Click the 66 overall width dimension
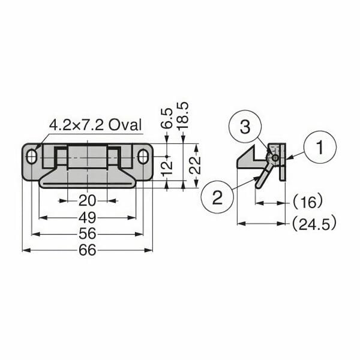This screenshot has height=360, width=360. tap(88, 250)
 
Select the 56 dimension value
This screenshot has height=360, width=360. tap(88, 233)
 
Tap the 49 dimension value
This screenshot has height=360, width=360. tap(88, 217)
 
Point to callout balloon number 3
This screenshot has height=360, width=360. tap(244, 127)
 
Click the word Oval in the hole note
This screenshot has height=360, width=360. tap(125, 125)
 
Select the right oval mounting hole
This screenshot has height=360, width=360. tap(143, 157)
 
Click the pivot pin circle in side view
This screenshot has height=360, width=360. tap(274, 158)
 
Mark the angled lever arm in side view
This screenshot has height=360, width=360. tap(263, 176)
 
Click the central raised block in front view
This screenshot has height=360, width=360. tap(88, 157)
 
